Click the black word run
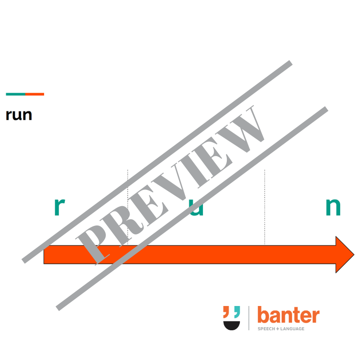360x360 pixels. click(x=19, y=115)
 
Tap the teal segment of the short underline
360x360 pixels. click(x=15, y=94)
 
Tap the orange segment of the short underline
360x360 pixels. click(x=35, y=94)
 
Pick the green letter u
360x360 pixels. click(x=196, y=208)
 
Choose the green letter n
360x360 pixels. click(x=333, y=207)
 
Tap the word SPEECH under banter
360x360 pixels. click(x=265, y=329)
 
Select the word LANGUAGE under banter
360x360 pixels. click(x=291, y=329)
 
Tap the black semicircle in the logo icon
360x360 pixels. click(x=232, y=325)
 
